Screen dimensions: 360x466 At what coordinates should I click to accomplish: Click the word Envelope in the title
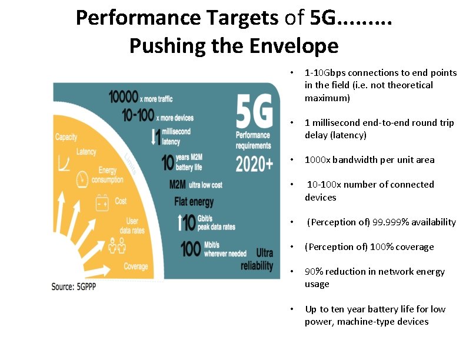292,45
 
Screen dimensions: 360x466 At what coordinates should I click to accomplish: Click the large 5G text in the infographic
254,113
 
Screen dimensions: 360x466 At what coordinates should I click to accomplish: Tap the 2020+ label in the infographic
254,164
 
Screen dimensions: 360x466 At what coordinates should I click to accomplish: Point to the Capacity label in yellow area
66,137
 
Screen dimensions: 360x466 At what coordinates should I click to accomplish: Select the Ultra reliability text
257,259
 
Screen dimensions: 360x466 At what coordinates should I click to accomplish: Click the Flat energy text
193,202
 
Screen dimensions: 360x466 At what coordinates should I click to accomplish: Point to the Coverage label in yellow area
136,266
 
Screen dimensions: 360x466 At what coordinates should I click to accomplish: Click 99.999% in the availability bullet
390,222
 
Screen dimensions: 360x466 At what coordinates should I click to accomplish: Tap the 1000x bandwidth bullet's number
318,160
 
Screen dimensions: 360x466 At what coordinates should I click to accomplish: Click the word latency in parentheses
349,135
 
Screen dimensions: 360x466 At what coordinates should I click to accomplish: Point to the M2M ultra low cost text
195,185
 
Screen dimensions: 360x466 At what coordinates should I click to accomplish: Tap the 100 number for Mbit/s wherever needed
191,249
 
